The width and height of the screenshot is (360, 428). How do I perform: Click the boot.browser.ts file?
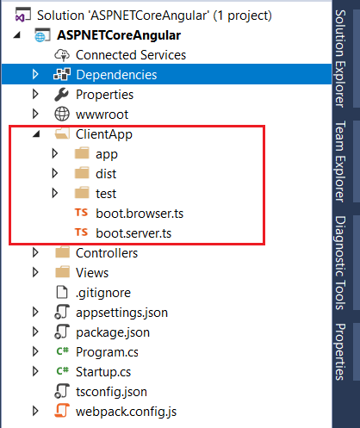point(140,214)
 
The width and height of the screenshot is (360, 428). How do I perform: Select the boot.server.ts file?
point(133,233)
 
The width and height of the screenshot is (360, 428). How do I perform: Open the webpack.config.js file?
point(126,412)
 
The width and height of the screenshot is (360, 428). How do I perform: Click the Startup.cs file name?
point(103,372)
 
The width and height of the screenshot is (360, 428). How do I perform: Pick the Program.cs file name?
point(107,352)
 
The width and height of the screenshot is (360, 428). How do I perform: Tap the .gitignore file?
point(103,293)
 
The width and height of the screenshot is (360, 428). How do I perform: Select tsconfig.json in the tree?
point(111,392)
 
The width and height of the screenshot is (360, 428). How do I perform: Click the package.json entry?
point(113,332)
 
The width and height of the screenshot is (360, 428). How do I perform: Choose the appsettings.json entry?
point(121,313)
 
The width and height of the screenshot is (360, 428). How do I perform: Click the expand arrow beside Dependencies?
point(35,74)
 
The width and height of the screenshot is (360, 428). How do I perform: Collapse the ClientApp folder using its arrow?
point(36,133)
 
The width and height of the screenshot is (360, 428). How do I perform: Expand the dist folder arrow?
point(55,173)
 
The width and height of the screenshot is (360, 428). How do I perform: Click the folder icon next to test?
point(82,193)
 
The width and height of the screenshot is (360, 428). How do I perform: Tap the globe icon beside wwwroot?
point(62,114)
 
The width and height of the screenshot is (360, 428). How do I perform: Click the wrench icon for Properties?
point(61,95)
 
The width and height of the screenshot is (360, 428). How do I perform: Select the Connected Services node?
point(131,55)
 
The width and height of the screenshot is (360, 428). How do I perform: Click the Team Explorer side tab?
point(340,162)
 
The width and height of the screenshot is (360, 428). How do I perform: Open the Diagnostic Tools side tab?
point(340,263)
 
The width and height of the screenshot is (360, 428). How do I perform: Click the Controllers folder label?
point(107,253)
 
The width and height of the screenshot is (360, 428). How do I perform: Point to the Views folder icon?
point(62,272)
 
